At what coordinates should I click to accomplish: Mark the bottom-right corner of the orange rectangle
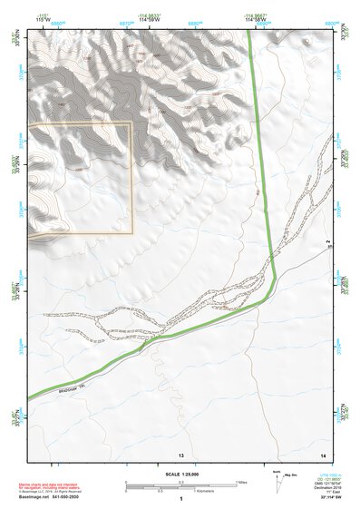click(132, 232)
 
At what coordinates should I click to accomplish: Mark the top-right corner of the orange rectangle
click(132, 122)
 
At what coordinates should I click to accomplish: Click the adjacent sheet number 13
click(180, 454)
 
